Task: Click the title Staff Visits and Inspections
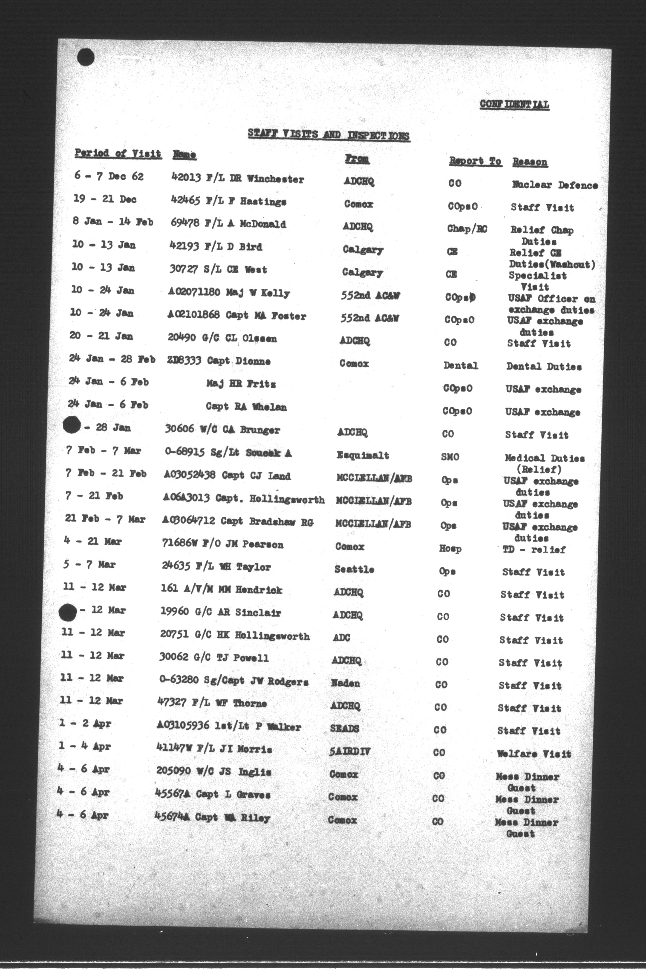pos(328,135)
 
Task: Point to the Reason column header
pos(530,162)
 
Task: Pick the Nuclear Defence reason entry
pos(554,185)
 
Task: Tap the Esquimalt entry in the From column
pos(363,455)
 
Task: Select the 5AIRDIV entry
pos(350,751)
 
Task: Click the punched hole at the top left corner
pos(86,57)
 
